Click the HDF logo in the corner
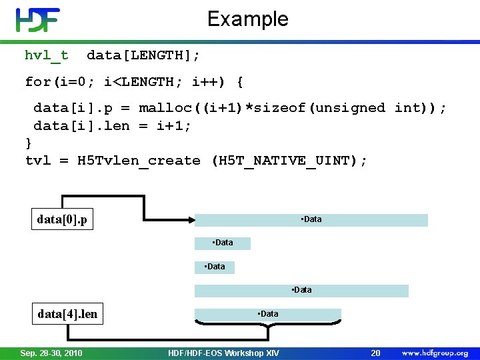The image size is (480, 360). [x=37, y=20]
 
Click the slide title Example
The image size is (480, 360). [x=247, y=19]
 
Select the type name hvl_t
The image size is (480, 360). [x=46, y=55]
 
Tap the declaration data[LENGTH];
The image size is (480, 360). [x=143, y=55]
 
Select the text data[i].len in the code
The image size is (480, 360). [x=81, y=126]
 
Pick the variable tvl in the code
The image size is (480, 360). [x=38, y=161]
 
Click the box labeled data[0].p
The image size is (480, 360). [x=65, y=219]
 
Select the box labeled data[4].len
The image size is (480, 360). [x=67, y=314]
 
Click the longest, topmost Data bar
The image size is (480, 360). [x=311, y=220]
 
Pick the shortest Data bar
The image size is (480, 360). [x=214, y=267]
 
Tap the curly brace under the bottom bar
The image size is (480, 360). [x=267, y=327]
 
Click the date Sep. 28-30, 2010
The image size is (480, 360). [x=51, y=352]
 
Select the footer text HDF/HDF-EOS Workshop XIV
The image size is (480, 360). [x=224, y=352]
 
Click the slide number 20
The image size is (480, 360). [x=375, y=352]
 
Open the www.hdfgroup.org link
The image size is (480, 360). [x=435, y=352]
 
